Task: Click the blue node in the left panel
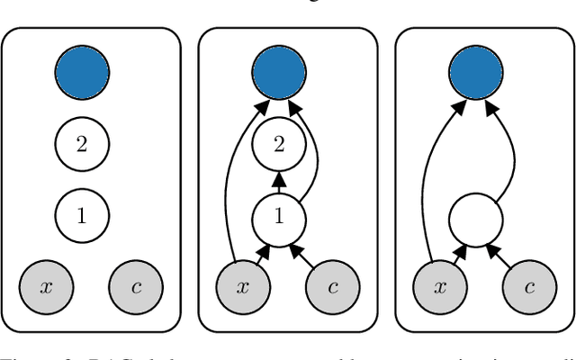(x=82, y=71)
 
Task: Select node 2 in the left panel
(x=82, y=144)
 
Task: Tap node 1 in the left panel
(x=82, y=216)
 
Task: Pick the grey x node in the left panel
(x=46, y=288)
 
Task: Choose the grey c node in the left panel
(x=136, y=288)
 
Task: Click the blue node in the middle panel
(x=279, y=71)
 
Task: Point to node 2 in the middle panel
(x=279, y=144)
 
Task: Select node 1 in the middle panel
(x=279, y=216)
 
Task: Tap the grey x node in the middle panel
(x=243, y=288)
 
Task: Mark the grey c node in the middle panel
(x=333, y=288)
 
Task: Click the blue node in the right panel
(x=476, y=71)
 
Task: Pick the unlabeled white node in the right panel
(x=476, y=216)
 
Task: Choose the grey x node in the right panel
(x=440, y=288)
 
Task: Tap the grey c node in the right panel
(x=530, y=288)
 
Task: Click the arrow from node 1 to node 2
(x=279, y=180)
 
